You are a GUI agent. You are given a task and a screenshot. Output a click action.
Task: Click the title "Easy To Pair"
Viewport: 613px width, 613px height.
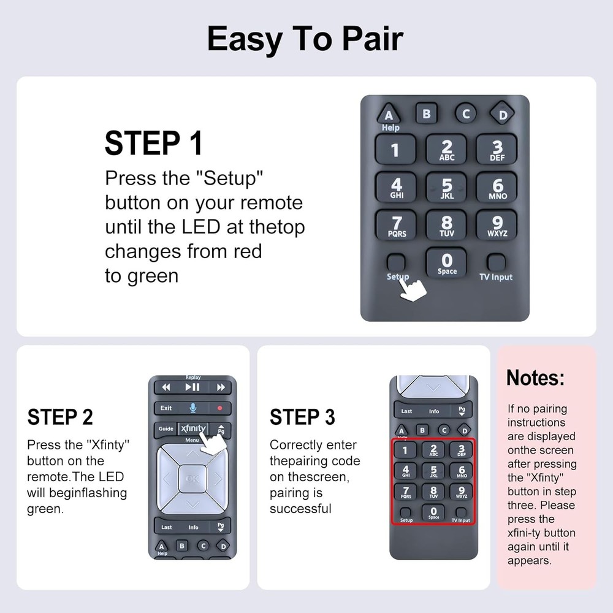point(305,39)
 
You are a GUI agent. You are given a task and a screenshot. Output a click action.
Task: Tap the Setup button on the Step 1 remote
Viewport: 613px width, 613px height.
point(396,262)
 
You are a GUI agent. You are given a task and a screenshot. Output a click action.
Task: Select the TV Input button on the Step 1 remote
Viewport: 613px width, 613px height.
point(496,262)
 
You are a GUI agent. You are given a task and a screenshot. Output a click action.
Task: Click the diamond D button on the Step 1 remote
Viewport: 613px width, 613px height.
point(502,113)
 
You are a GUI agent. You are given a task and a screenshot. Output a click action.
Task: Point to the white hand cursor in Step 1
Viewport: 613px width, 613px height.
point(414,289)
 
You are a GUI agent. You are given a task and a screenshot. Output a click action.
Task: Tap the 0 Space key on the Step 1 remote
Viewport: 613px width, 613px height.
point(446,264)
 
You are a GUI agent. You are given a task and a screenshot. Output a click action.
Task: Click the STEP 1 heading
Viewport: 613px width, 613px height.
point(153,143)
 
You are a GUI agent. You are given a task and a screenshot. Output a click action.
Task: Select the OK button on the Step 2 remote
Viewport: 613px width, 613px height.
point(192,479)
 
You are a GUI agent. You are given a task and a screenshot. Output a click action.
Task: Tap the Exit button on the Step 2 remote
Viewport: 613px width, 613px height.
point(166,408)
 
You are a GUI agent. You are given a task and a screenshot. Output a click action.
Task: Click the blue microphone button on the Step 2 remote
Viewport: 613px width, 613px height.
point(192,408)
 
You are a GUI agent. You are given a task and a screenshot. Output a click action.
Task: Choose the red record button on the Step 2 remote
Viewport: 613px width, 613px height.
point(219,408)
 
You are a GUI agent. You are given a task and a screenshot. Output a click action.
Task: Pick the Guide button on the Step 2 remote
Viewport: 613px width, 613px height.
point(166,429)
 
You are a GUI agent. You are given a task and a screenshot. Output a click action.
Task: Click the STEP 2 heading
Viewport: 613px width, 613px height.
point(60,417)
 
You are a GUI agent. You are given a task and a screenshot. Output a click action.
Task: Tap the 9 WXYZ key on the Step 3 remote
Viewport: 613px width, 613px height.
point(461,492)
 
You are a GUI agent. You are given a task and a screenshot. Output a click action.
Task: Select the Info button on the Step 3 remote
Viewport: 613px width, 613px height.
point(434,411)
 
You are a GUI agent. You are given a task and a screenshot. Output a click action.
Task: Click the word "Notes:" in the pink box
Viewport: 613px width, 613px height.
point(535,378)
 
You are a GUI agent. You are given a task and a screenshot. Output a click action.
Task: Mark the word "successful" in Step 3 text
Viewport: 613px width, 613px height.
point(300,509)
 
